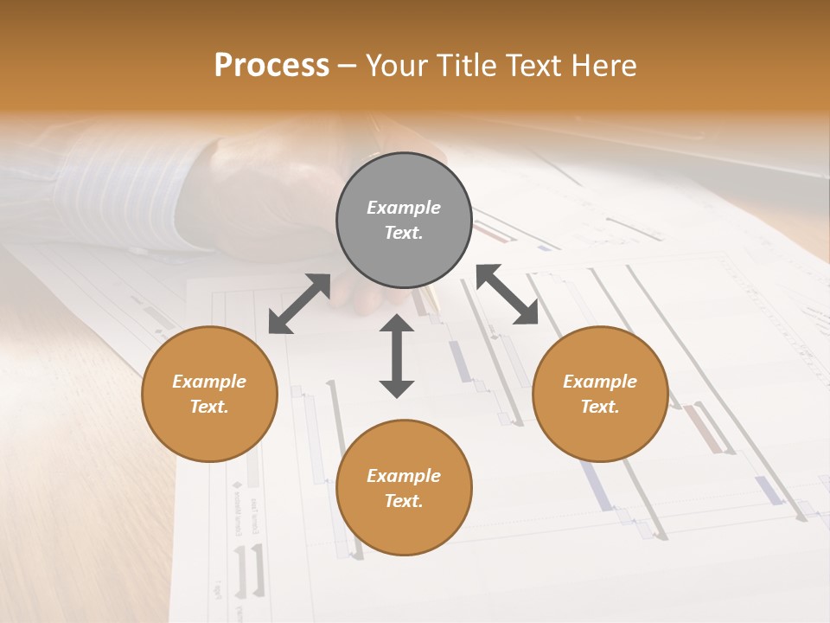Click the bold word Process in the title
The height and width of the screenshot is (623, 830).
[271, 66]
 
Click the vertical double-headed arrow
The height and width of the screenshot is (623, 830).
[397, 356]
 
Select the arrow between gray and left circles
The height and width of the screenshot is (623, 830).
[299, 304]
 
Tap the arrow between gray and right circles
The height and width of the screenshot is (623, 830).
[508, 294]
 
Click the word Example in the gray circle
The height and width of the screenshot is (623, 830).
[404, 208]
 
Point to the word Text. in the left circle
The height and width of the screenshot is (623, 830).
[209, 407]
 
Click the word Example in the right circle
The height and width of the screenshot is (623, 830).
[600, 382]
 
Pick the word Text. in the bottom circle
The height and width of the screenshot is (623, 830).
[404, 501]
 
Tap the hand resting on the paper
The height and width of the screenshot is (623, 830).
[285, 199]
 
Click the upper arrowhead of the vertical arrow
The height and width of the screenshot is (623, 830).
[397, 324]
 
